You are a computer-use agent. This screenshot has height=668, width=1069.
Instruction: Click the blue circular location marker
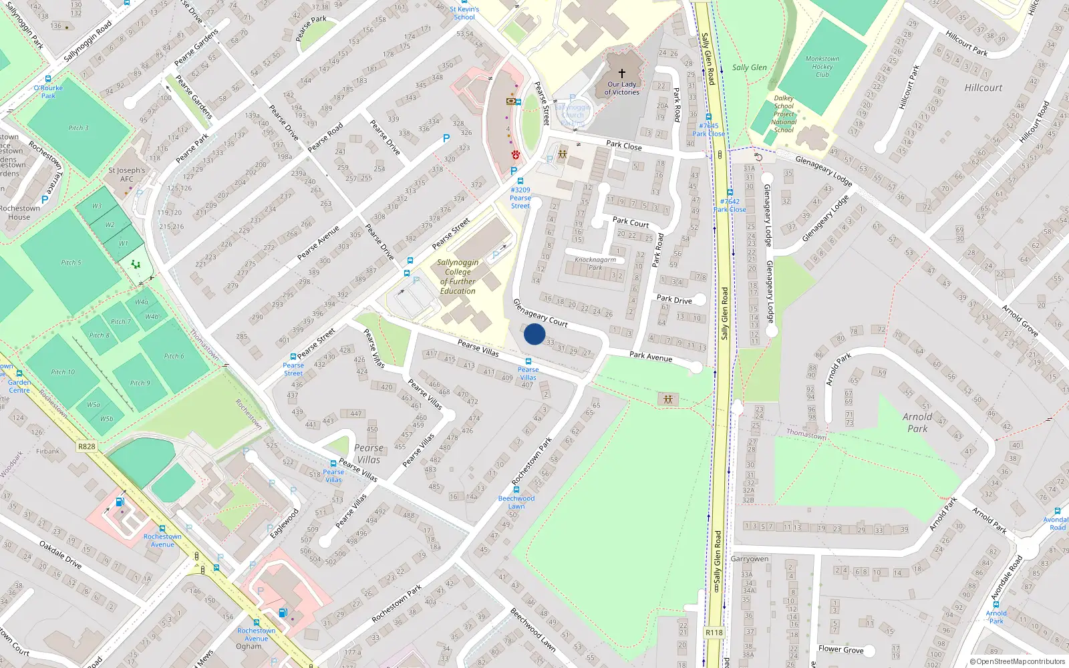click(534, 334)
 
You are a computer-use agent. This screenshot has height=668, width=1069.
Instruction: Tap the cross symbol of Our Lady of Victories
click(622, 73)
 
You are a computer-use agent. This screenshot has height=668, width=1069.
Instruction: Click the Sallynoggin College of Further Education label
click(458, 277)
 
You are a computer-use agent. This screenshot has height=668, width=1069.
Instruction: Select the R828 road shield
click(86, 446)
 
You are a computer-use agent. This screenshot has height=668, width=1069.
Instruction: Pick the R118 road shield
click(714, 632)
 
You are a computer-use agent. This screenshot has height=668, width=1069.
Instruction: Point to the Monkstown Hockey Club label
click(822, 67)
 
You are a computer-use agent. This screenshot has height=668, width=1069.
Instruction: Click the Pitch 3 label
click(78, 128)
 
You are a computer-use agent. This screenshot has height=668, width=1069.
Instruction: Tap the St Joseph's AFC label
click(127, 174)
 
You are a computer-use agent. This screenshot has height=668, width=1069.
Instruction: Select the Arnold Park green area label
click(917, 422)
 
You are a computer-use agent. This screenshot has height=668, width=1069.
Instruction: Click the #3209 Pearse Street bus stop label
click(520, 198)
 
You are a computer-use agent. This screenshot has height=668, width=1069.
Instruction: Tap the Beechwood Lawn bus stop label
click(516, 502)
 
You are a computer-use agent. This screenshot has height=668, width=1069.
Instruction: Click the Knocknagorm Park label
click(595, 263)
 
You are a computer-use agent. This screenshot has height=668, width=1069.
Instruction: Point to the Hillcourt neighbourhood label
click(983, 88)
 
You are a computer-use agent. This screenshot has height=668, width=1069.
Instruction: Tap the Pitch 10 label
click(63, 372)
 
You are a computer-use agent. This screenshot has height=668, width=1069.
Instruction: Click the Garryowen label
click(749, 558)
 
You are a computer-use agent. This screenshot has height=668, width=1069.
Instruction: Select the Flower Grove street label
click(841, 649)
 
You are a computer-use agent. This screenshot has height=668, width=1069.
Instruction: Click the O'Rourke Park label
click(48, 92)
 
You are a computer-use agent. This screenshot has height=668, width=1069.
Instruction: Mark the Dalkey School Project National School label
click(784, 114)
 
